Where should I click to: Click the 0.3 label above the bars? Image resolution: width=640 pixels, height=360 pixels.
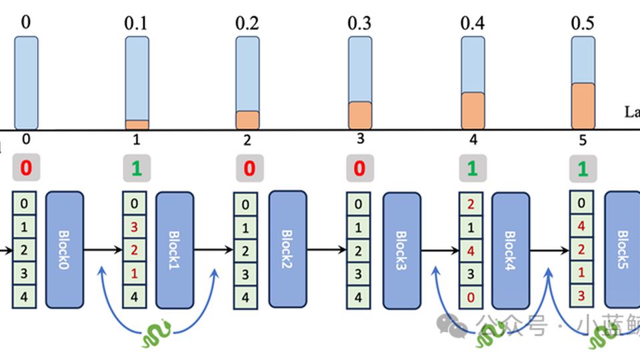(x=359, y=23)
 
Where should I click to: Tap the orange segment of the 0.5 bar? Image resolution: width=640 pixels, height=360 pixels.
(x=583, y=105)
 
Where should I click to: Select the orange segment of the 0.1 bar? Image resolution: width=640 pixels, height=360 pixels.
(x=137, y=124)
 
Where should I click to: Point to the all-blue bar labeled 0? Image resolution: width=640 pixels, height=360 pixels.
(x=26, y=83)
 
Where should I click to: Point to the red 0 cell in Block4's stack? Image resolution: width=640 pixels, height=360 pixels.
(x=471, y=297)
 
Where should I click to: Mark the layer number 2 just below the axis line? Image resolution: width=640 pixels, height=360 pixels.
(x=247, y=141)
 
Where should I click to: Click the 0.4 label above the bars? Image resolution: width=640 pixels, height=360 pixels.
(x=472, y=23)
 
